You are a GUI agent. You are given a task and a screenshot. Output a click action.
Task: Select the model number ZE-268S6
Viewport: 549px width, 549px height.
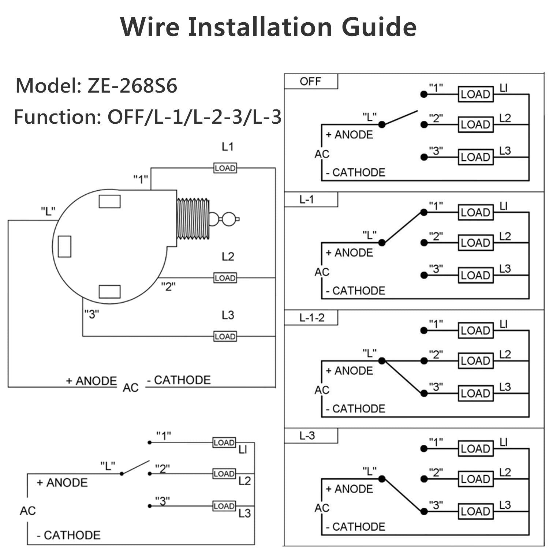pyautogui.click(x=132, y=86)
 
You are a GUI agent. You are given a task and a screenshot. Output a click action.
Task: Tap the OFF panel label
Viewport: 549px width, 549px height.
pyautogui.click(x=310, y=81)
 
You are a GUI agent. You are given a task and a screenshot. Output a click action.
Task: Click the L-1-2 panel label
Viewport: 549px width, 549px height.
pyautogui.click(x=312, y=318)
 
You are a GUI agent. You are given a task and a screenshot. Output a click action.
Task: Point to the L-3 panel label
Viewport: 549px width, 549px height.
pyautogui.click(x=307, y=436)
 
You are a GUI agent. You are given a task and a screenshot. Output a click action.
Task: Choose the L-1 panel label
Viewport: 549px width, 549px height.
pyautogui.click(x=306, y=199)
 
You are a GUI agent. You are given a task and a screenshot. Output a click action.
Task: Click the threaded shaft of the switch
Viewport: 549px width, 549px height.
pyautogui.click(x=193, y=219)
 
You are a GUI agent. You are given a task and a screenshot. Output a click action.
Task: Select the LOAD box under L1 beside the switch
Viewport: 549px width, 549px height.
pyautogui.click(x=225, y=168)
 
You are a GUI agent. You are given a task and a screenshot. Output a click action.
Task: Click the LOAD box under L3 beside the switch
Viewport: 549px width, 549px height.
pyautogui.click(x=225, y=336)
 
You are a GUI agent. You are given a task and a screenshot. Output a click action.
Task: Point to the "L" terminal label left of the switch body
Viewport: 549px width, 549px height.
pyautogui.click(x=48, y=211)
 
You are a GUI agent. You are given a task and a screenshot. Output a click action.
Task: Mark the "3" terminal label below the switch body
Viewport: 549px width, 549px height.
pyautogui.click(x=91, y=314)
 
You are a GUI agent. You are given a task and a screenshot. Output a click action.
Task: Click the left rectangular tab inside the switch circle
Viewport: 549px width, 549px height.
pyautogui.click(x=64, y=246)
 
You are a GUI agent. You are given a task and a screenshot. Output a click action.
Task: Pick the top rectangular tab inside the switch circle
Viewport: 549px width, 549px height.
pyautogui.click(x=109, y=201)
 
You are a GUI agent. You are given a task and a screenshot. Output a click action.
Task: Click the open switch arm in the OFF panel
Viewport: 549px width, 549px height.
pyautogui.click(x=400, y=117)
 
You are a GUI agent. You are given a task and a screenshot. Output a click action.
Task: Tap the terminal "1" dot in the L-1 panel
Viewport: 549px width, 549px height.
pyautogui.click(x=424, y=212)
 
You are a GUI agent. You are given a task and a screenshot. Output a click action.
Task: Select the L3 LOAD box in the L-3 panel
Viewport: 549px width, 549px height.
pyautogui.click(x=475, y=511)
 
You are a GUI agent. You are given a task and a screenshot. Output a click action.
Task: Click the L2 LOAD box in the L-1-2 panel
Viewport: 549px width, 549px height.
pyautogui.click(x=475, y=361)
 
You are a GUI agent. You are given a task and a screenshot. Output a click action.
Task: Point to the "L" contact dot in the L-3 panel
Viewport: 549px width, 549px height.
pyautogui.click(x=382, y=479)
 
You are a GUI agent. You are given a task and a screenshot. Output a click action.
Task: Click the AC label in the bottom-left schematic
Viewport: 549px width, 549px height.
pyautogui.click(x=28, y=511)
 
